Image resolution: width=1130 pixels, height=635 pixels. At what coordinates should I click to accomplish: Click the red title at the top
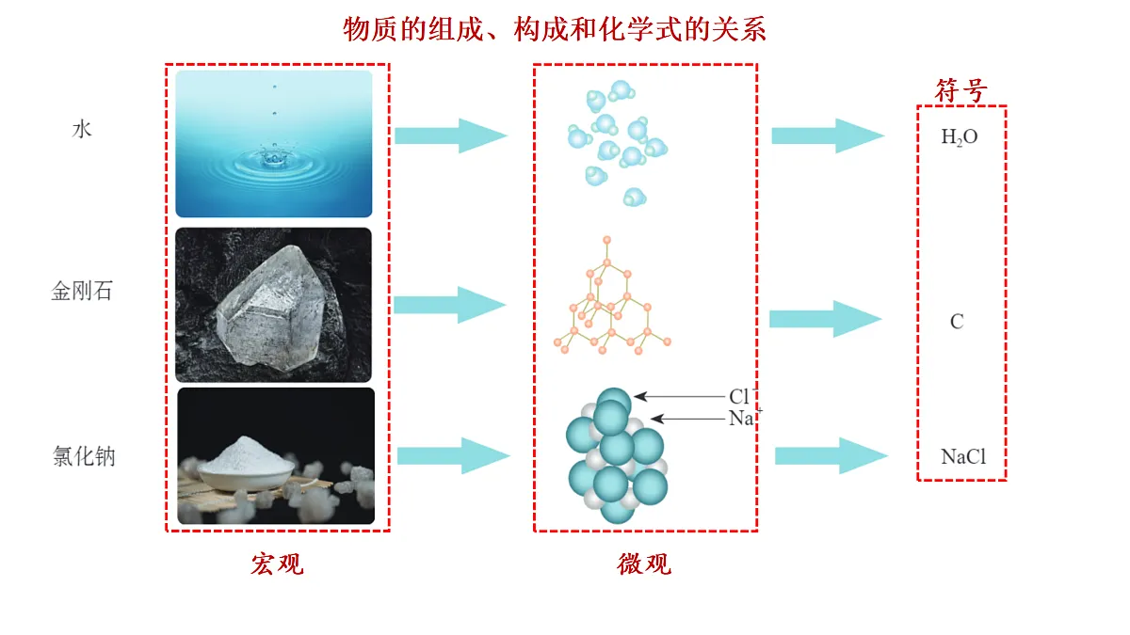pos(555,29)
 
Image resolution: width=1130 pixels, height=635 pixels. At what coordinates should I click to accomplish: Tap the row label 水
pos(82,130)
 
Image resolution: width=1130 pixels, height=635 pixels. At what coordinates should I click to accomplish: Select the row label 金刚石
pos(82,291)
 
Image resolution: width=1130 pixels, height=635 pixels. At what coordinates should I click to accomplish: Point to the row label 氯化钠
pos(84,456)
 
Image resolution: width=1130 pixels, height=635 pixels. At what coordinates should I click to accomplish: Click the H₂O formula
pos(960,137)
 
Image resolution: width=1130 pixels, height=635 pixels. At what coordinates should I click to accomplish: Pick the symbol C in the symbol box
pos(957,322)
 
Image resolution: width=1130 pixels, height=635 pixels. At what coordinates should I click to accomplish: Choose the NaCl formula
pos(963,456)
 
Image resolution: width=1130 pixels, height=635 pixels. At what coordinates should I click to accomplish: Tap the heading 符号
pos(961,90)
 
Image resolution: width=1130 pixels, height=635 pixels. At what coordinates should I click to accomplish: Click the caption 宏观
pos(278,564)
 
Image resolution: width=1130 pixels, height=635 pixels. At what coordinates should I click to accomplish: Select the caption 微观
pos(644,564)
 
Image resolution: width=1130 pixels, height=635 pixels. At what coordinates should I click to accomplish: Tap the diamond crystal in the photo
pos(271,308)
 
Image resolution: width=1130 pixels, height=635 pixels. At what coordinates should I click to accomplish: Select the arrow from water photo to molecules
pos(451,135)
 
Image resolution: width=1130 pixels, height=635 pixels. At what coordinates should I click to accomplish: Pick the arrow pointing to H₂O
pos(828,135)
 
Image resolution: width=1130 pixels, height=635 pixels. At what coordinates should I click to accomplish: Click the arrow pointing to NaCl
pos(831,456)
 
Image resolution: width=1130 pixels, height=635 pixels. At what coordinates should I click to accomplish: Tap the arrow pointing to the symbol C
pos(826,319)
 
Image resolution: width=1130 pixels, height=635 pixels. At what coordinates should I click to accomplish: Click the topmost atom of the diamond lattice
pos(606,241)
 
